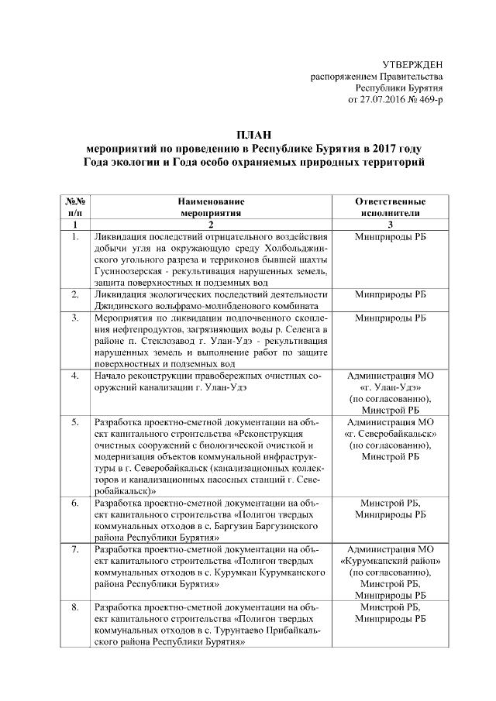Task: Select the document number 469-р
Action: coord(428,100)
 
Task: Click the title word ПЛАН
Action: coord(254,136)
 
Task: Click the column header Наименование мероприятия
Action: coord(209,205)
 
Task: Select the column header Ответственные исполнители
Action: coord(390,205)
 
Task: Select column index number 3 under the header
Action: coord(390,223)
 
